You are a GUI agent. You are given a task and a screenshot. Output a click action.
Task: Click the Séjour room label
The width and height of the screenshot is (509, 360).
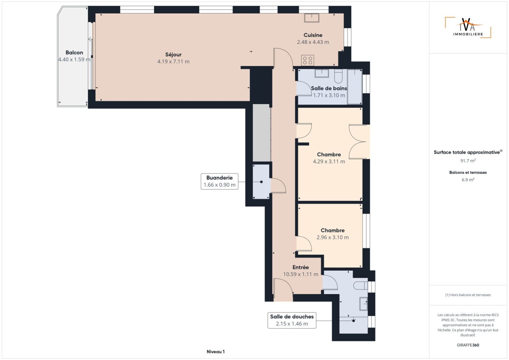point(173,54)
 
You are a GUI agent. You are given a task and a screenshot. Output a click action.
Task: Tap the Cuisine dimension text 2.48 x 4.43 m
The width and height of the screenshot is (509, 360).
point(313,42)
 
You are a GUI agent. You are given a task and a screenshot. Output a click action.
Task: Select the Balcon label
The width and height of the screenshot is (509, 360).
point(74,52)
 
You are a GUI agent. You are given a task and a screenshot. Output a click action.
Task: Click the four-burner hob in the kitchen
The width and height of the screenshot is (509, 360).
point(308,60)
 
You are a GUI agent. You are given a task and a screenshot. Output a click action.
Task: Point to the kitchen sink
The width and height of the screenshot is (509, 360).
point(312,18)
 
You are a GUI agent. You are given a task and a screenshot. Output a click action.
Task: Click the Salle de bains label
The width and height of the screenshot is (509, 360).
point(329,88)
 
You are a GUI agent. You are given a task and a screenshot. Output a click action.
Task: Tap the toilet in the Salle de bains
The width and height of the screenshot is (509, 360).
point(338,76)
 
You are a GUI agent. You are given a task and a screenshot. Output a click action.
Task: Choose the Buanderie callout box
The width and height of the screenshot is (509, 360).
point(220,181)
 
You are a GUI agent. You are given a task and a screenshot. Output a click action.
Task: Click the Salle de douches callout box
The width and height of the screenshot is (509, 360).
point(292,320)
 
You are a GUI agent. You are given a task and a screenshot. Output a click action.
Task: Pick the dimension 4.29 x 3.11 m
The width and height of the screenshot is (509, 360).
point(329,161)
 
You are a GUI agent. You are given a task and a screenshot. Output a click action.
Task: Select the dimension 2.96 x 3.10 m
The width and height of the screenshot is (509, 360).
point(333,237)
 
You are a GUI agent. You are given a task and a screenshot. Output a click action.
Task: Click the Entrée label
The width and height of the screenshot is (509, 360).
point(301,267)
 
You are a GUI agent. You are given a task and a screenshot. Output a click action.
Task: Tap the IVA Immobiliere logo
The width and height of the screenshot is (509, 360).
point(468,27)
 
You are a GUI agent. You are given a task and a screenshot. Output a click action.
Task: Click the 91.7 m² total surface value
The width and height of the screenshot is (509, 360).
point(468,161)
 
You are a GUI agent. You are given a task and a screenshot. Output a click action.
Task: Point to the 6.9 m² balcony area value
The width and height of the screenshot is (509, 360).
point(468,180)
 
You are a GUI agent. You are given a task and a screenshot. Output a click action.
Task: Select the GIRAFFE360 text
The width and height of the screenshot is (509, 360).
point(468,345)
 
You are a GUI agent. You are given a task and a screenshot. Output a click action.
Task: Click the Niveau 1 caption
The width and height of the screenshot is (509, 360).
point(216,352)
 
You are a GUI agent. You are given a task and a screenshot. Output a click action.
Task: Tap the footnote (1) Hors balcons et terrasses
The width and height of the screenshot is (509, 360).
point(468,295)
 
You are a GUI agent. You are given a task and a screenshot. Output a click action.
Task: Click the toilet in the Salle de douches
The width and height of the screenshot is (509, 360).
point(361,286)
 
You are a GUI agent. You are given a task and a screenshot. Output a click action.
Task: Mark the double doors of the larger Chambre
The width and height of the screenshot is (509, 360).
point(357,141)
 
